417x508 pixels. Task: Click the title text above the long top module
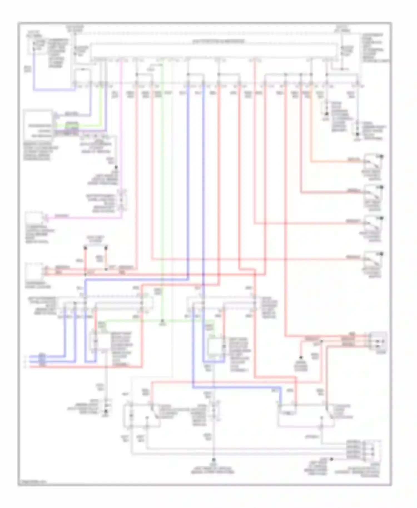click(x=219, y=42)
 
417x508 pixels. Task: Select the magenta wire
click(x=121, y=139)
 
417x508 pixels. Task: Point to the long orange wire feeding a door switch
click(x=311, y=125)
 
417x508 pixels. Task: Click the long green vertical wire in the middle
click(x=163, y=195)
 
